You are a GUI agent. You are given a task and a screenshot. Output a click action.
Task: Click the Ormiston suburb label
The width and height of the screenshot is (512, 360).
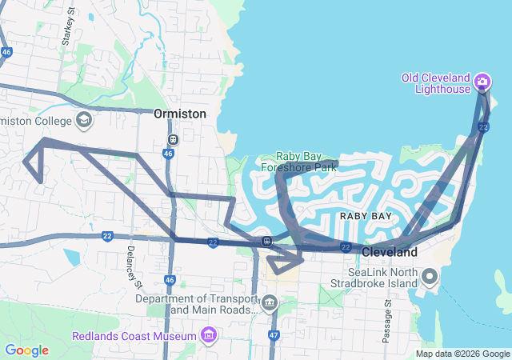[x=180, y=114]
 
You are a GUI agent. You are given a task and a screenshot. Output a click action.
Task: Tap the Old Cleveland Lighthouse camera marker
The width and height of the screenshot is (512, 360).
[x=482, y=81]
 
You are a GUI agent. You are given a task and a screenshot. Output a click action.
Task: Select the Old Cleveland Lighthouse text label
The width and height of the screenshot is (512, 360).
[x=437, y=83]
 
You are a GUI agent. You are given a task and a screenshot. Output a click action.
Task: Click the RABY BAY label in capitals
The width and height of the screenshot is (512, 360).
[x=366, y=216]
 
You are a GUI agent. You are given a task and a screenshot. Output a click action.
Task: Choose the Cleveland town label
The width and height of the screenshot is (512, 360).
[x=390, y=252]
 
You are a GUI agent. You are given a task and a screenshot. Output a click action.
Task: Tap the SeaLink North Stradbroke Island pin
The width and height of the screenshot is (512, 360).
[x=430, y=278]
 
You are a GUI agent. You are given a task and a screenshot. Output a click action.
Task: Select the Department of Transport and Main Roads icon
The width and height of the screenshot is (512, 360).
[x=270, y=304]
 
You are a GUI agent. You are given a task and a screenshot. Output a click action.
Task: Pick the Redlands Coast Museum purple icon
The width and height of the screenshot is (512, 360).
[x=209, y=334]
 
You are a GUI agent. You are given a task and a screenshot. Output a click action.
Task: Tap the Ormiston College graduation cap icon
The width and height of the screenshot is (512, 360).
[x=83, y=121]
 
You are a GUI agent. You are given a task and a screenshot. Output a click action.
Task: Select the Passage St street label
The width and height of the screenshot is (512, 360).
[x=387, y=321]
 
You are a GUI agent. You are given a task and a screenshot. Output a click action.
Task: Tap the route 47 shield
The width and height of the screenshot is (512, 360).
[x=274, y=334]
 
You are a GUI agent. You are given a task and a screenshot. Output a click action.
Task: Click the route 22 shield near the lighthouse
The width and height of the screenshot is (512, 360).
[x=483, y=127]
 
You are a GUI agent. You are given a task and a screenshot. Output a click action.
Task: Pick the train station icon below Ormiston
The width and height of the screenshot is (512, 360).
[x=172, y=138]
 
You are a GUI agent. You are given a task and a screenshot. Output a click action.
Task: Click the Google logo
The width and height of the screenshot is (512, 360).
[x=26, y=350]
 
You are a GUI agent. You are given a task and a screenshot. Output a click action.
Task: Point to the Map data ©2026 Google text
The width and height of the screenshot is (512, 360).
[x=462, y=354]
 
